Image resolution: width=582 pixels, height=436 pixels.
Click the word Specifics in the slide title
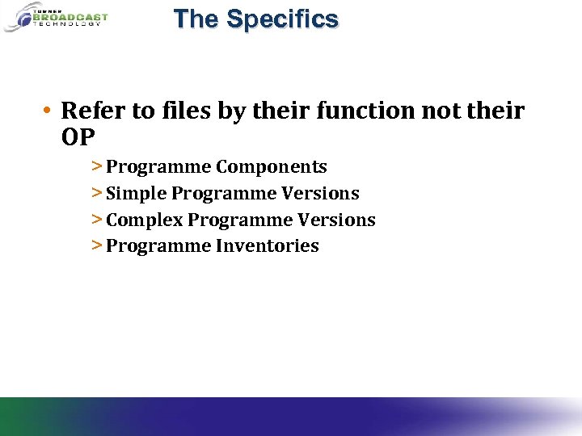point(283,19)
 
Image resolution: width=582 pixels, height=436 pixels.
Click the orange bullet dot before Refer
point(49,111)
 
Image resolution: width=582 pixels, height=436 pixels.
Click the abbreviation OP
point(78,137)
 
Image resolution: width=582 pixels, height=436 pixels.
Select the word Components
point(271,167)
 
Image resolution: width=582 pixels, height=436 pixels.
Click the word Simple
point(137,194)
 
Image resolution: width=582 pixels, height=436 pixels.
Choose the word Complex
point(144,220)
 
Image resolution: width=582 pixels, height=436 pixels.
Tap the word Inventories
point(267,246)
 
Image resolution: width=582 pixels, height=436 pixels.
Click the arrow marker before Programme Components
point(96,167)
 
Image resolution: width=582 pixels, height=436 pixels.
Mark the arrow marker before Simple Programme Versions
point(96,194)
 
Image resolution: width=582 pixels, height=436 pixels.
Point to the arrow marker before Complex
point(96,220)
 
